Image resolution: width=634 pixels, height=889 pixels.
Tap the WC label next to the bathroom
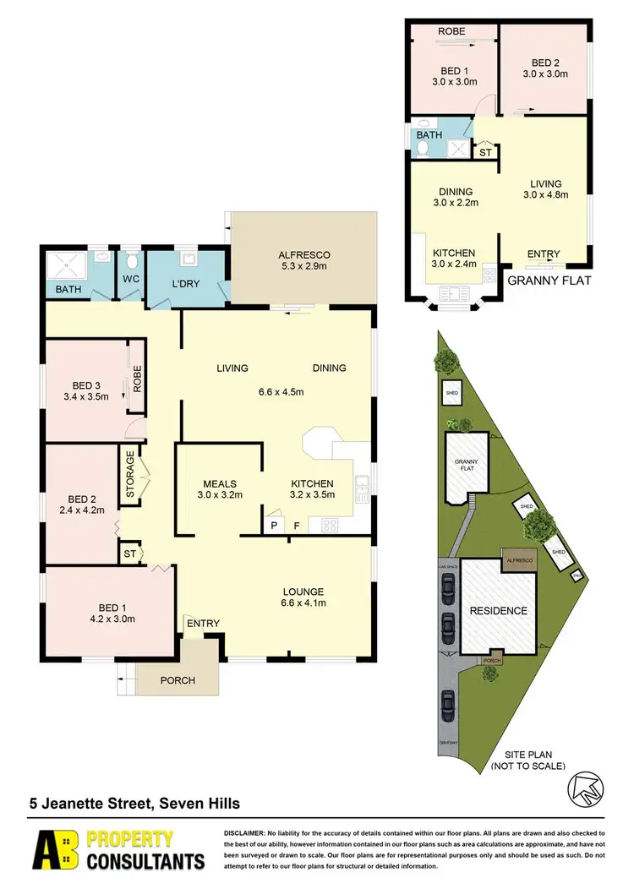pos(130,277)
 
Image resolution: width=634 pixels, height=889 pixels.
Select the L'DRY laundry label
pos(184,284)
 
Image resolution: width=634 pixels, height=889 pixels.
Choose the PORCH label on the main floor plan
pos(178,680)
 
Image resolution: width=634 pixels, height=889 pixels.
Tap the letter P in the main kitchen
pos(273,526)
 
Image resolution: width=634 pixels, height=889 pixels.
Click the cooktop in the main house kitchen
pos(330,525)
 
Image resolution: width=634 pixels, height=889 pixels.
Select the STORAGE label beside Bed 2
pos(130,477)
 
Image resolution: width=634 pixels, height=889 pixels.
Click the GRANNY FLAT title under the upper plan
pos(548,281)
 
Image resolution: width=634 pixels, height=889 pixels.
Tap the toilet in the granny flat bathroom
pos(424,149)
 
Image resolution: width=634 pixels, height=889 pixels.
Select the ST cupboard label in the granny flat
pos(485,153)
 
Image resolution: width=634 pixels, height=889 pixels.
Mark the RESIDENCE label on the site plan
pos(499,610)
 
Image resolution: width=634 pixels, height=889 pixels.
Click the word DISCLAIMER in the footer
pos(245,834)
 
